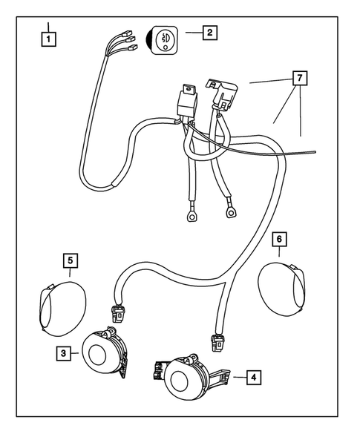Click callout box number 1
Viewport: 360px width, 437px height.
point(48,39)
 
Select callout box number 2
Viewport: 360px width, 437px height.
point(210,33)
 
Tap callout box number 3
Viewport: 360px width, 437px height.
point(63,353)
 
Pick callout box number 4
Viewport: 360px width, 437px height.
point(253,378)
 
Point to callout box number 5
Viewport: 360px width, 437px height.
point(71,260)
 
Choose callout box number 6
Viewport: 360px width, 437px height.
point(279,239)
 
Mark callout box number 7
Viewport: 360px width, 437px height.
point(300,78)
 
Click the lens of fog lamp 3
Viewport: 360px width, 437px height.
point(97,354)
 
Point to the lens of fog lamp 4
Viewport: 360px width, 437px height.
point(180,381)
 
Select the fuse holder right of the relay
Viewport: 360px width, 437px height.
point(222,94)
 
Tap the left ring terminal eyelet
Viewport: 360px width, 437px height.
point(192,216)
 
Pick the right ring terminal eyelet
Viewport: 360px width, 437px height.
point(231,213)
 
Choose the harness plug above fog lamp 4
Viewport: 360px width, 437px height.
point(218,343)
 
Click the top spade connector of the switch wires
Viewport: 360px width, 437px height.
point(127,33)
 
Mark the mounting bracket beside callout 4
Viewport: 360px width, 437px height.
point(220,376)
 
